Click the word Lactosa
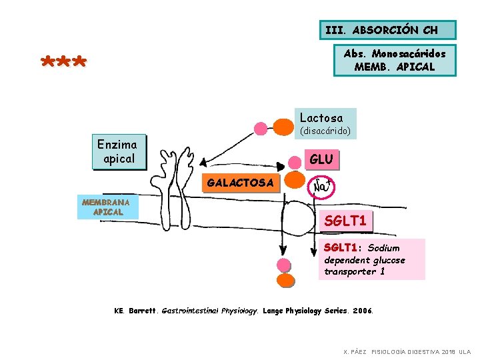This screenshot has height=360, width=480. coord(321,117)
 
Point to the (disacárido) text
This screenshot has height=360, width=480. coord(325,131)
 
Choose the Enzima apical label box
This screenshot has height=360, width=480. coord(117,151)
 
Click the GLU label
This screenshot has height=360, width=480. coord(321,160)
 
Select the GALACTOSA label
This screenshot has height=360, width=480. coord(240,183)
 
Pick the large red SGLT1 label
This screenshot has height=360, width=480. coord(345,221)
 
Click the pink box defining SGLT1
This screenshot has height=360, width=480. coord(371,259)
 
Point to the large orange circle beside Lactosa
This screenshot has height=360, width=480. coord(279,126)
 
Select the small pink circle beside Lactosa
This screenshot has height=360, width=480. coord(261,128)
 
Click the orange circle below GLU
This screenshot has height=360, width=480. coord(295,179)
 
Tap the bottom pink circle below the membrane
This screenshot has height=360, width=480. coord(284,280)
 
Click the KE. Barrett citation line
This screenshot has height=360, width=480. coord(244,311)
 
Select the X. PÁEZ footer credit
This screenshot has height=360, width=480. coord(406,351)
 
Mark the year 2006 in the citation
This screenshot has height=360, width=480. coord(363,311)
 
